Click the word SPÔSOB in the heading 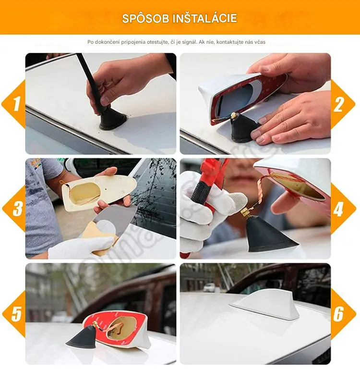146,18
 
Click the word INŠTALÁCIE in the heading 205,18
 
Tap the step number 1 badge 14,104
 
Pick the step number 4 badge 342,209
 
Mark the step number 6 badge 342,314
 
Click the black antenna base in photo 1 113,119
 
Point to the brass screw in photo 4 246,212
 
